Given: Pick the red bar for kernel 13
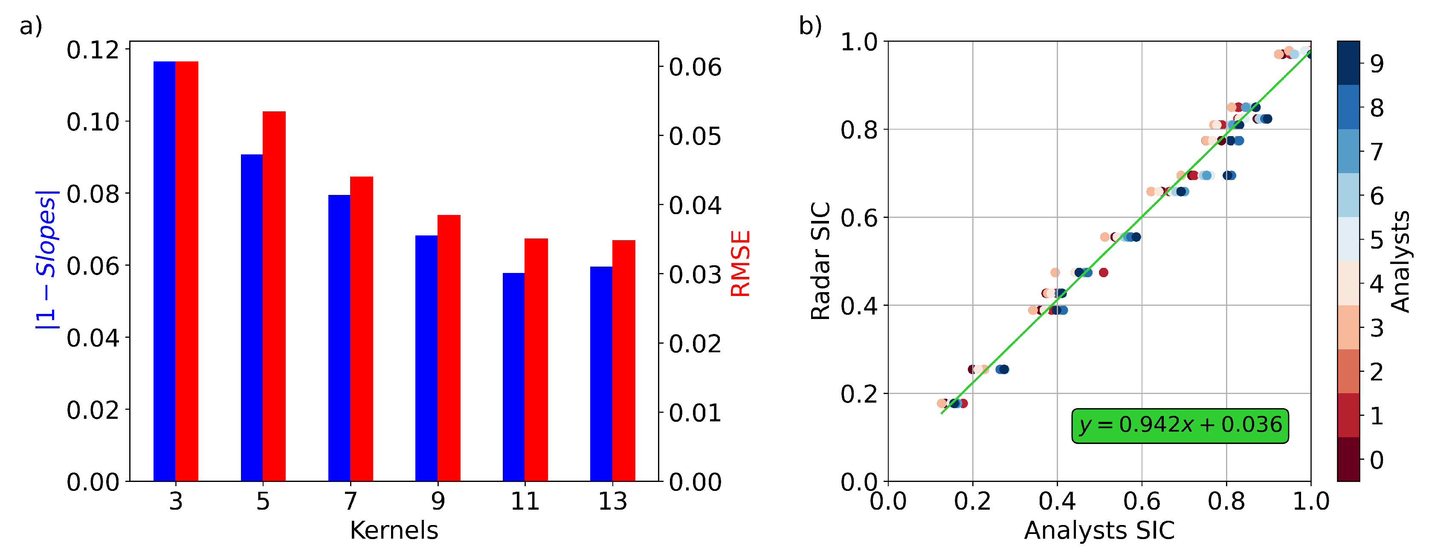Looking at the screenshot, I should (x=623, y=361).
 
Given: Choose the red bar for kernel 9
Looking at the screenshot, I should (x=449, y=348).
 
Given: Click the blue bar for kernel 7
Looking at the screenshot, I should (x=339, y=338).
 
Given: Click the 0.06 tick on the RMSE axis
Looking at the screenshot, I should (x=695, y=67).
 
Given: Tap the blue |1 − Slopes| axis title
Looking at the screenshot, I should (x=46, y=260).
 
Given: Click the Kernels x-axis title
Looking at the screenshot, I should (x=394, y=531).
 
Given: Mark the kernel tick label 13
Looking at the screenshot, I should (x=612, y=502).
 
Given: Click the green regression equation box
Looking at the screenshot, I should (x=1180, y=426).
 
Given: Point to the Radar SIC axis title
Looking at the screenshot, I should (x=820, y=261).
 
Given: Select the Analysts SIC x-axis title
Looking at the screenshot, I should (x=1099, y=531).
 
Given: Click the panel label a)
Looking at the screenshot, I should (x=31, y=26).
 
